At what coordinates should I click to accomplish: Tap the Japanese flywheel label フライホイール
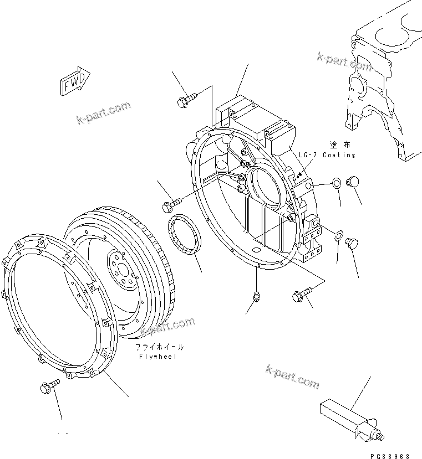tap(160, 348)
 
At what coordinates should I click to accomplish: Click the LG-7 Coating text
tap(327, 155)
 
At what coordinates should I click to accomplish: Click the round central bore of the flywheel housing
tap(265, 185)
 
